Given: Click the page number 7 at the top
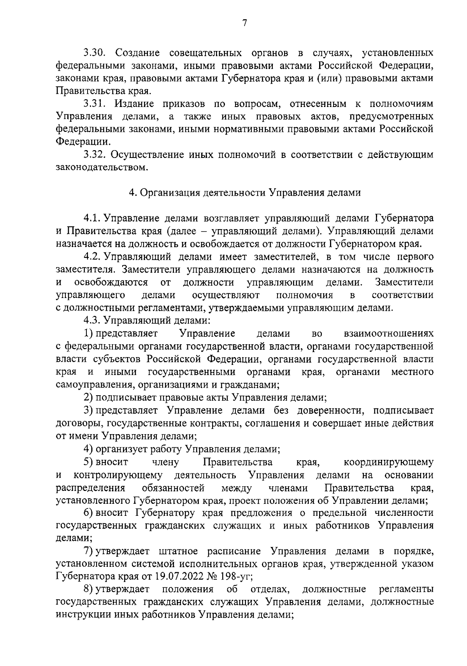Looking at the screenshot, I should click(x=244, y=23).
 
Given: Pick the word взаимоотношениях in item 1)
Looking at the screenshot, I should click(x=388, y=334).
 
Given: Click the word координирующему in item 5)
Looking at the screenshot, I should click(x=388, y=462).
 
